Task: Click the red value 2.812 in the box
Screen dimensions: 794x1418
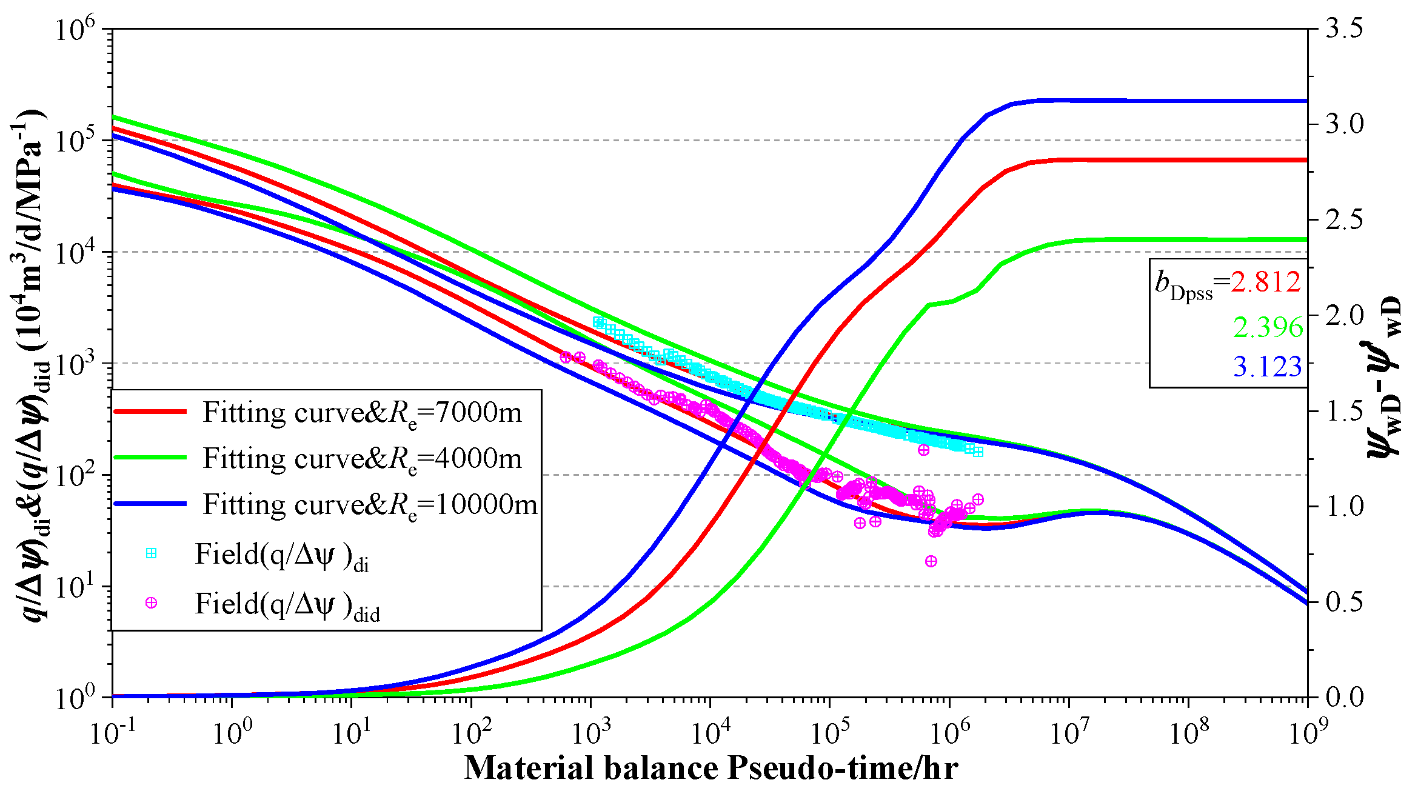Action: click(1266, 282)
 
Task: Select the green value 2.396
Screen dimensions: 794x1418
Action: click(1268, 328)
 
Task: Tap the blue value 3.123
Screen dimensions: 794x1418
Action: click(1268, 367)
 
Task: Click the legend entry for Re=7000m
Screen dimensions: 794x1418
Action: click(362, 413)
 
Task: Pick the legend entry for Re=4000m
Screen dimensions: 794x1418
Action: click(362, 459)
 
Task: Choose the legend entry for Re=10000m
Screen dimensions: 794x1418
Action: click(370, 505)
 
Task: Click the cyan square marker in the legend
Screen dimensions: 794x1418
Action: click(151, 553)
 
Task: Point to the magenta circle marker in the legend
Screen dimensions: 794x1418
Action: click(151, 603)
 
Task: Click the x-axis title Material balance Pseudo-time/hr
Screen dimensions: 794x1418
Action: click(711, 769)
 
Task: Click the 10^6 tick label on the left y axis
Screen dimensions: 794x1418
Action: click(75, 29)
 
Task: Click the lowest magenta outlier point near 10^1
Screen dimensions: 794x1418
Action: click(931, 561)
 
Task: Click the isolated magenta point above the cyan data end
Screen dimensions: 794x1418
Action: click(923, 450)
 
